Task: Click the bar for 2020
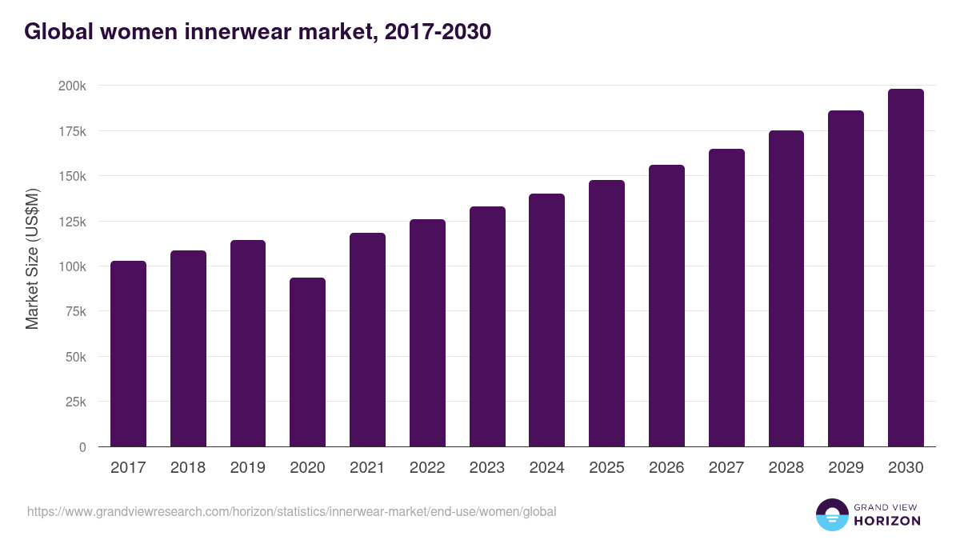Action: [307, 362]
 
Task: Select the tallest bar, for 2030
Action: [906, 267]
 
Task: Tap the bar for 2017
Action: [128, 354]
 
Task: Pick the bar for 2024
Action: [546, 320]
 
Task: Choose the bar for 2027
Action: [726, 298]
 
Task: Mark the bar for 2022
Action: [427, 333]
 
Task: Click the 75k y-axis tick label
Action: [74, 312]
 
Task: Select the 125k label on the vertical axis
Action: [71, 222]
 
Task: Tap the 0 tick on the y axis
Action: [82, 447]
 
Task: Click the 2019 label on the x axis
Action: [248, 468]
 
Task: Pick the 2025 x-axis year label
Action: [606, 468]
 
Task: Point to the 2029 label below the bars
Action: [846, 468]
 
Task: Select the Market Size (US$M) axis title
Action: [32, 259]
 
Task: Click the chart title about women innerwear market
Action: [257, 32]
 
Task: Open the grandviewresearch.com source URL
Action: [291, 511]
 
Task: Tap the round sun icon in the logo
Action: [831, 514]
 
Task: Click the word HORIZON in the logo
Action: [887, 521]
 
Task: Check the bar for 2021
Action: [367, 339]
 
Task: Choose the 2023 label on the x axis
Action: [487, 468]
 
